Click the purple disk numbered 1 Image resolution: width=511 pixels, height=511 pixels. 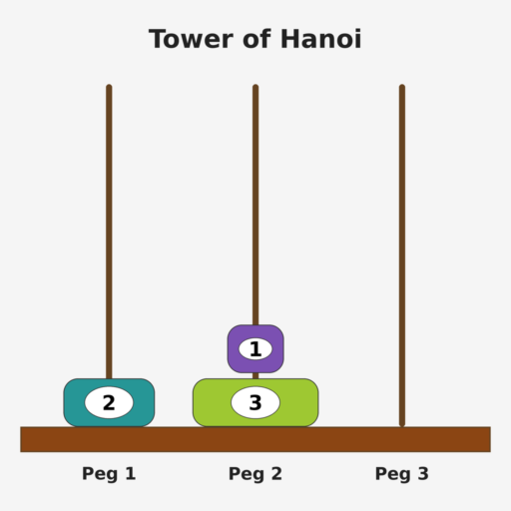pos(255,349)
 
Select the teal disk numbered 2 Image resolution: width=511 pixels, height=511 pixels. pos(109,402)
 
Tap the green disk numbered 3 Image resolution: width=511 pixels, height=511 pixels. pos(255,402)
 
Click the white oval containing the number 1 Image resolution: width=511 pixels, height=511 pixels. pos(255,349)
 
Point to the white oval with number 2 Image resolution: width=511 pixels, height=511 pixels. pos(109,402)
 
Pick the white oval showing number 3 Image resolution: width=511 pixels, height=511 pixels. pos(255,402)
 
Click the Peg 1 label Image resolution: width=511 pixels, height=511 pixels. pos(109,474)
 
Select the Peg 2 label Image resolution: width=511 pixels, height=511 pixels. pos(255,474)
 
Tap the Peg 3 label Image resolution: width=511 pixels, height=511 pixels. pos(402,474)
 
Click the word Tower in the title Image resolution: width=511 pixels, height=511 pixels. pos(192,39)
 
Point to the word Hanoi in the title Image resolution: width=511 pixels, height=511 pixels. pos(321,39)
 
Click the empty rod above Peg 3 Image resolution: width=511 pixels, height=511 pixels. pos(402,255)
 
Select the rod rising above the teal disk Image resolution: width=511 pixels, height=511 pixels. pos(109,232)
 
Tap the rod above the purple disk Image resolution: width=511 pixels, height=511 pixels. pos(255,205)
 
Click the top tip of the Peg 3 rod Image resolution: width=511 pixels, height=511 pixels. pos(402,85)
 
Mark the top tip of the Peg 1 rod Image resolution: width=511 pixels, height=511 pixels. pos(109,85)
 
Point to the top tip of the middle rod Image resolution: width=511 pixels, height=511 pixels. pos(255,85)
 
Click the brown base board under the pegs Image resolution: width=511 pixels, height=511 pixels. pos(255,439)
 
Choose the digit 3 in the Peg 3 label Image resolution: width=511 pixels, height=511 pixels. pos(423,473)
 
